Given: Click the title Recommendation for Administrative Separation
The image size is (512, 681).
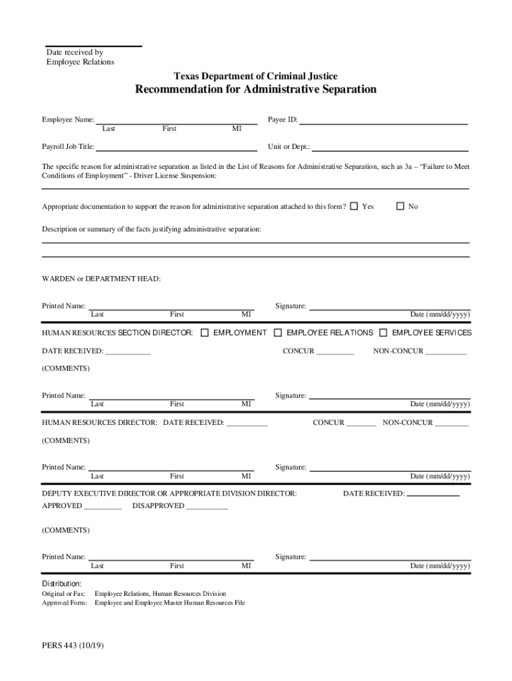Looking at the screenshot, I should [256, 90].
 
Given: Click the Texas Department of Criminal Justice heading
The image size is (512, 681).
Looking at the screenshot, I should [256, 76].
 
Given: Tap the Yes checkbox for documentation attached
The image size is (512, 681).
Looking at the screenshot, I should [354, 206].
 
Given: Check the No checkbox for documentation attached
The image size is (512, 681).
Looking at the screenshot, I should [400, 206].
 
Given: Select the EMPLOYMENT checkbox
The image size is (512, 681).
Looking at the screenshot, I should [205, 333].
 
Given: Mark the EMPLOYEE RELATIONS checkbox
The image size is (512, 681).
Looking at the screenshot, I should [279, 333].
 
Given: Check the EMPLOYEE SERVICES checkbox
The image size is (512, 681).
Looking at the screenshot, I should [384, 333].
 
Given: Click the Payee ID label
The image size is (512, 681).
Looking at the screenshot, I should [283, 120].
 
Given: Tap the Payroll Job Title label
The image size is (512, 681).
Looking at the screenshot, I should [68, 147].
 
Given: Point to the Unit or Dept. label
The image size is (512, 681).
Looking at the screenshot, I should [289, 147].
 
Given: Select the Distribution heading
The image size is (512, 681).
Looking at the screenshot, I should [62, 583].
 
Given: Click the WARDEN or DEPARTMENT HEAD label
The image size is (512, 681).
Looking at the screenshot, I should [101, 279].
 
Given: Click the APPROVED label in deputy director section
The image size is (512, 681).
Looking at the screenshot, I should [63, 506].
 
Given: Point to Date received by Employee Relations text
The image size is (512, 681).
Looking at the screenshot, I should [80, 57].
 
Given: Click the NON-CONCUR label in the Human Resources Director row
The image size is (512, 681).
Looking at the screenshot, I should [408, 423].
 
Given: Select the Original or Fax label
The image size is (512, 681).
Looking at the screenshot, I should [64, 594].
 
